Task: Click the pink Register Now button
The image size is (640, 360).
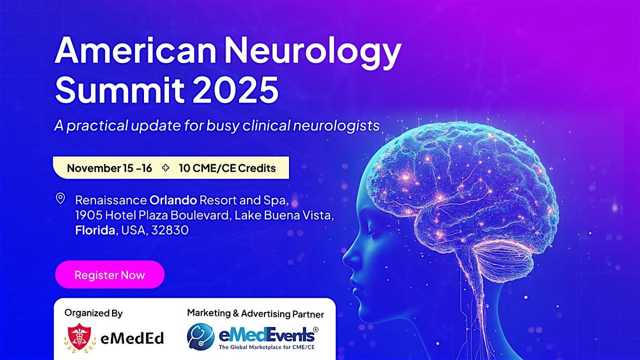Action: pyautogui.click(x=109, y=275)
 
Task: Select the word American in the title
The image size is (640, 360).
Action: pyautogui.click(x=127, y=52)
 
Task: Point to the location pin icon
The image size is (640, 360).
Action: pyautogui.click(x=60, y=199)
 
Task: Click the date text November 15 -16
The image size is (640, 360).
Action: pyautogui.click(x=109, y=169)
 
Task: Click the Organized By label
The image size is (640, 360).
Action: pyautogui.click(x=93, y=313)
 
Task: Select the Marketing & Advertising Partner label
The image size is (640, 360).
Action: pyautogui.click(x=255, y=314)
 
